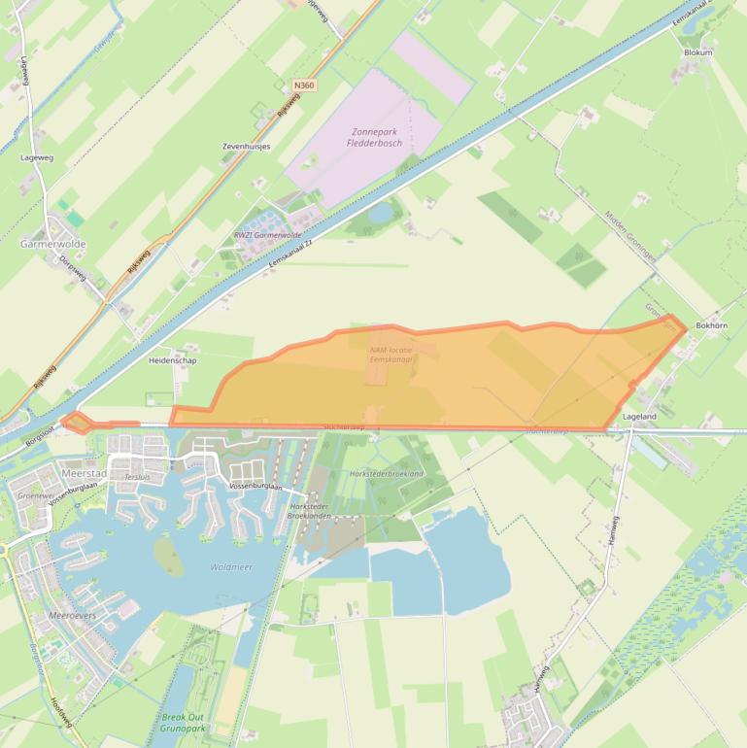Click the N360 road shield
(304, 85)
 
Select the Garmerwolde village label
(53, 245)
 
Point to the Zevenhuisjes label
(246, 147)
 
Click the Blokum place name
(697, 52)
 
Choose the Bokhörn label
(711, 326)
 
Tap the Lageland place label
(639, 417)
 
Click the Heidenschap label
(172, 360)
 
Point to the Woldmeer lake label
(230, 566)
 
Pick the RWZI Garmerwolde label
(268, 236)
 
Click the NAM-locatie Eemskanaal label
(391, 355)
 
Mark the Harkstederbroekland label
(387, 473)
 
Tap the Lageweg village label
(37, 155)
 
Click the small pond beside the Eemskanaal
(382, 210)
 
